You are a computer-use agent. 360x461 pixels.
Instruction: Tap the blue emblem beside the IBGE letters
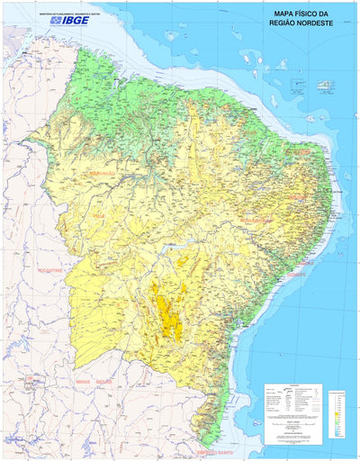[55, 19]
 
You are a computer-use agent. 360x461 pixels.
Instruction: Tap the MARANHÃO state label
[98, 173]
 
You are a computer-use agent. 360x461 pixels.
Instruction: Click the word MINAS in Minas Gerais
[84, 382]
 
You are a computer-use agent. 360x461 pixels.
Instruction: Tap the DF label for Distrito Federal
[19, 382]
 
